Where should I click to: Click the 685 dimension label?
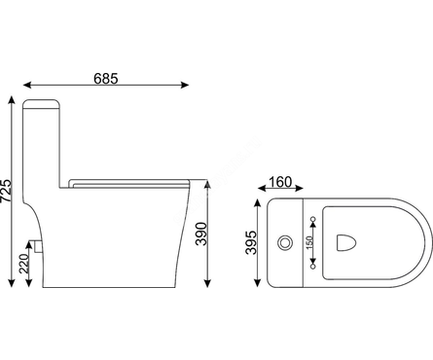pyautogui.click(x=106, y=79)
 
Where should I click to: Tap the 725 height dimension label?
pyautogui.click(x=6, y=191)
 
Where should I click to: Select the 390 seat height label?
pyautogui.click(x=201, y=234)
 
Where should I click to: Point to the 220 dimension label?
pyautogui.click(x=23, y=264)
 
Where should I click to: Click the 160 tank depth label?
pyautogui.click(x=280, y=182)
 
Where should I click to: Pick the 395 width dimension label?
pyautogui.click(x=251, y=242)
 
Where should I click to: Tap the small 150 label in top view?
pyautogui.click(x=309, y=242)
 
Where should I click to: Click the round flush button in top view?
pyautogui.click(x=285, y=242)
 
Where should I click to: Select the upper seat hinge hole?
pyautogui.click(x=313, y=219)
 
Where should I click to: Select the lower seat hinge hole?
pyautogui.click(x=313, y=266)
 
